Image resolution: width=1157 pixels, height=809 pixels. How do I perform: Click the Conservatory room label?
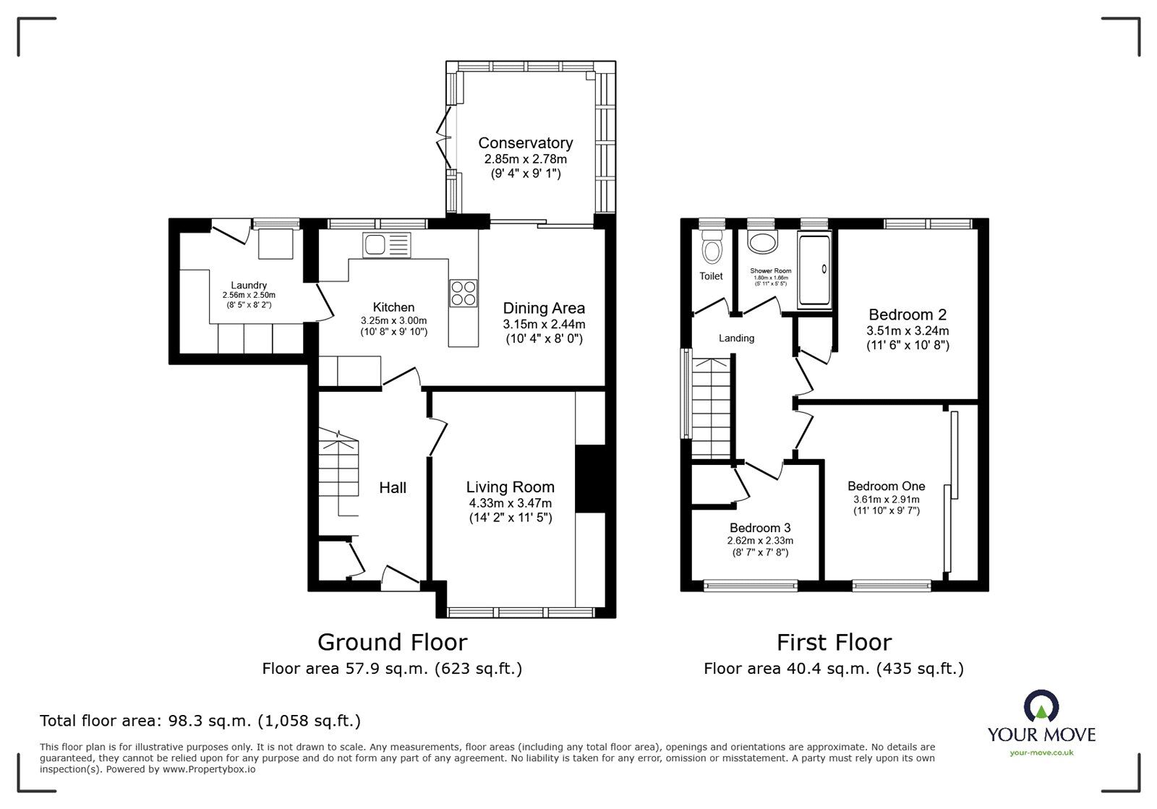[525, 143]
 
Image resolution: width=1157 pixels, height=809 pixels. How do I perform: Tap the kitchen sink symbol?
[387, 245]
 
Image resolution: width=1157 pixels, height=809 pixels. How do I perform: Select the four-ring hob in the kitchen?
[464, 292]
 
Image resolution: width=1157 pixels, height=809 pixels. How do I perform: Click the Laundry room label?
[249, 285]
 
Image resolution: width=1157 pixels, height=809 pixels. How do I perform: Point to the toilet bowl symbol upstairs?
[712, 251]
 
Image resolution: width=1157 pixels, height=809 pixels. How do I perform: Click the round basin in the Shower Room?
[761, 242]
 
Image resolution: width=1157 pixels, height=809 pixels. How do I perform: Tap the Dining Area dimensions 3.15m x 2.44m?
[544, 325]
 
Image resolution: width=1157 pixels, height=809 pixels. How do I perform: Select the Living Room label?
[510, 487]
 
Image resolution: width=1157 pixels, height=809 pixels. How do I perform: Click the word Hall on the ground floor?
[393, 488]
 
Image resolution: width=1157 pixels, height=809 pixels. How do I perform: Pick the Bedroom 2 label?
[907, 314]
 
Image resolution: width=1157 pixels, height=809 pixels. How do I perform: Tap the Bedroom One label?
[886, 487]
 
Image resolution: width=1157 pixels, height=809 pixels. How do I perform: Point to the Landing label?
[736, 338]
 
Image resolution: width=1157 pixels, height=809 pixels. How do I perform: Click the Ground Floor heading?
[392, 642]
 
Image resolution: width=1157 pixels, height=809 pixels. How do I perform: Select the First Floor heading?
[834, 642]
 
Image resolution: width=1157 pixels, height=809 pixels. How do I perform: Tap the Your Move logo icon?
[1041, 707]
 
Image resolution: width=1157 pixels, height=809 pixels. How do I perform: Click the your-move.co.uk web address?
[1041, 753]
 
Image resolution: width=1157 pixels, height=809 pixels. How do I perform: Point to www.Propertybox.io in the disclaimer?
[209, 769]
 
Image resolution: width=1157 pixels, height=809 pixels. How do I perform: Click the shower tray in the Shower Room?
[814, 269]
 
